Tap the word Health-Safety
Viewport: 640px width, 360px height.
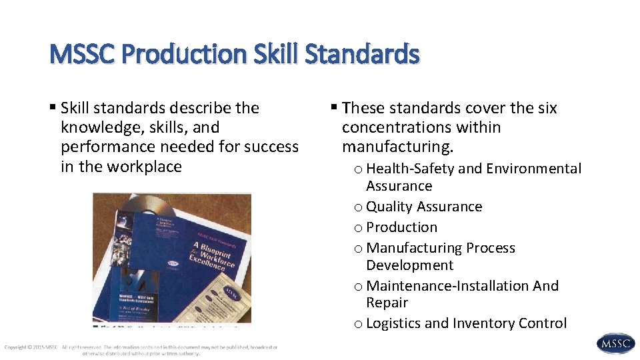410,169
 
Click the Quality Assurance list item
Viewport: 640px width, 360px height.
424,207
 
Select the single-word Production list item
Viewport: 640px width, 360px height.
402,227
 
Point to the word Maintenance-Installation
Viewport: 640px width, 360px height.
447,286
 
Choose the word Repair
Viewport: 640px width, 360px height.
387,303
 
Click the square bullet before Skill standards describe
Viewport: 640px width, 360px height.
53,108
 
